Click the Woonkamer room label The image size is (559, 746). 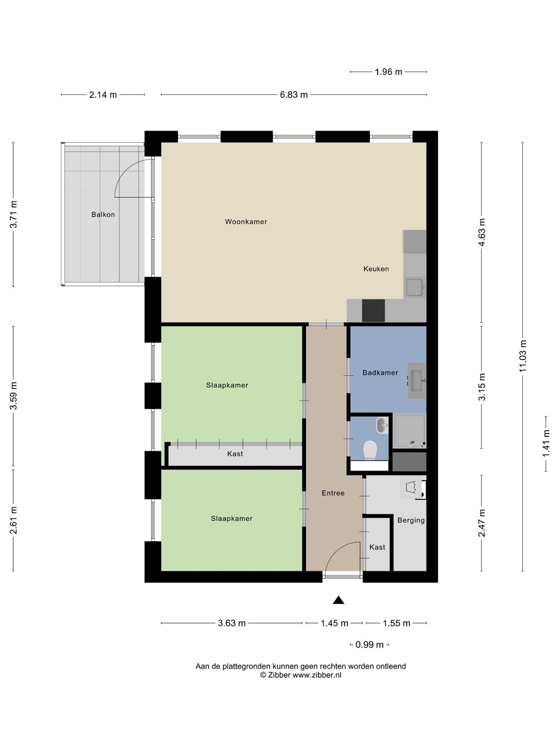pyautogui.click(x=246, y=222)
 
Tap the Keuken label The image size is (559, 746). pyautogui.click(x=376, y=269)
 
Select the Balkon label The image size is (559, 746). pyautogui.click(x=103, y=214)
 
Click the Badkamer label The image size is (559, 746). pyautogui.click(x=380, y=372)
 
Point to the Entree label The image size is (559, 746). pyautogui.click(x=333, y=493)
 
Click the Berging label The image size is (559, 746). pyautogui.click(x=411, y=520)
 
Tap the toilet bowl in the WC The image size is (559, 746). pyautogui.click(x=370, y=451)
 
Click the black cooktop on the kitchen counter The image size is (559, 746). pyautogui.click(x=373, y=310)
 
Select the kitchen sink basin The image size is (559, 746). pyautogui.click(x=415, y=288)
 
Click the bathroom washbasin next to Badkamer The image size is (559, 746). pyautogui.click(x=417, y=380)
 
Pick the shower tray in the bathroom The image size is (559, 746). pyautogui.click(x=409, y=431)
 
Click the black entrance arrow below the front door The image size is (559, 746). pyautogui.click(x=339, y=600)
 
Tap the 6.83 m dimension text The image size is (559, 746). pyautogui.click(x=293, y=95)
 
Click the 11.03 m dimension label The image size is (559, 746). pyautogui.click(x=522, y=356)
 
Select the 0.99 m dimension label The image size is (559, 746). pyautogui.click(x=369, y=645)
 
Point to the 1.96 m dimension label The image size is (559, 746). pyautogui.click(x=388, y=72)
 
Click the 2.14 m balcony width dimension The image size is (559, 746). pyautogui.click(x=103, y=95)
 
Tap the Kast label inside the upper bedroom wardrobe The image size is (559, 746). pyautogui.click(x=235, y=454)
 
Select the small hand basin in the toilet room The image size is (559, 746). pyautogui.click(x=382, y=425)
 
